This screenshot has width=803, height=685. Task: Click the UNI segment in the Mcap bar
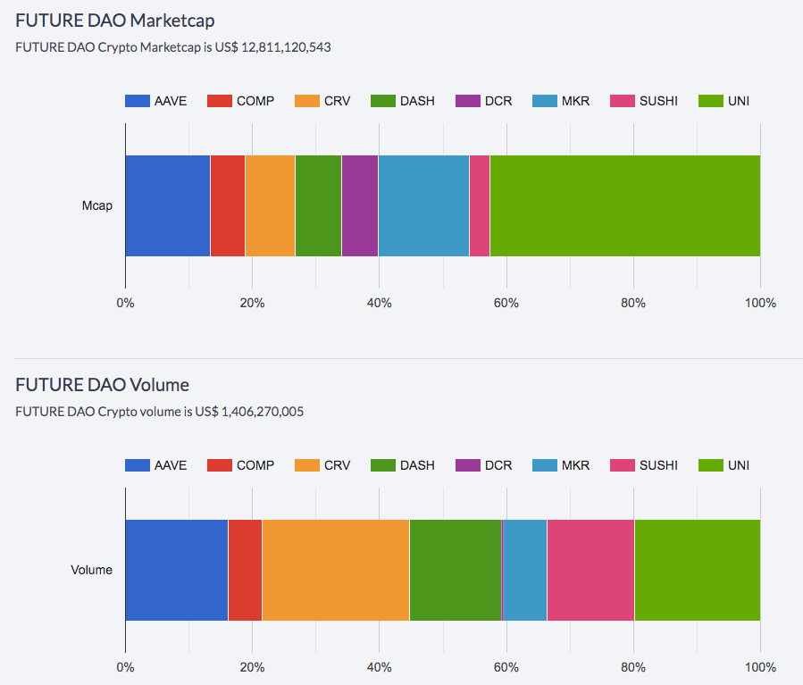click(x=624, y=205)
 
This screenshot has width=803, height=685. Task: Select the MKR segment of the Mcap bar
click(x=423, y=205)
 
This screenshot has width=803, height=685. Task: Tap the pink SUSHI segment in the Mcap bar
click(x=480, y=205)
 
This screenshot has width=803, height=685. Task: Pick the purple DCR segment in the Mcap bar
click(x=360, y=205)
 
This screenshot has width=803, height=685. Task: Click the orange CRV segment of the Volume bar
click(x=336, y=570)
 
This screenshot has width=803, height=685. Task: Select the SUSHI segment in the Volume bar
click(x=590, y=570)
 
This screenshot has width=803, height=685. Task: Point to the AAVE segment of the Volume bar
click(x=177, y=570)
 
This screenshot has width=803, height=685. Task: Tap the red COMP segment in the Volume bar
click(x=245, y=570)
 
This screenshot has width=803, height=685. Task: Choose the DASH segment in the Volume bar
click(x=455, y=570)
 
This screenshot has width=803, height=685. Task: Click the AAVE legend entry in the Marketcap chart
click(x=156, y=101)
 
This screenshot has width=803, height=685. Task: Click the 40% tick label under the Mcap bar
click(x=380, y=303)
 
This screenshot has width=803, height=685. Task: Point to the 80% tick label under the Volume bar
click(x=633, y=667)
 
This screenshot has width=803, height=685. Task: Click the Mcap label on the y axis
click(x=97, y=205)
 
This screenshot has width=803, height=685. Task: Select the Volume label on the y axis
click(x=92, y=570)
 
